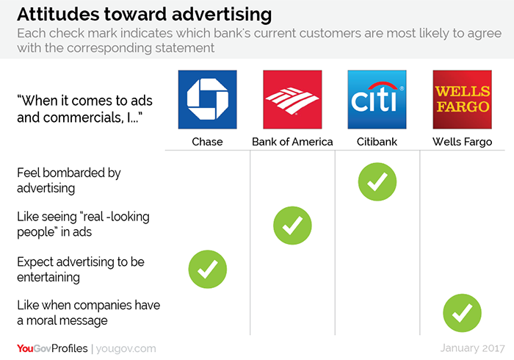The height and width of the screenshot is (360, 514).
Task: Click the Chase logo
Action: point(208,99)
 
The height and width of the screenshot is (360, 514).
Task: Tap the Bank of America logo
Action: point(292,99)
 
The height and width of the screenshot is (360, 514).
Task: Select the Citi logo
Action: point(377,99)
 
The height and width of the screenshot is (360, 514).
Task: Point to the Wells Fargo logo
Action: point(462,99)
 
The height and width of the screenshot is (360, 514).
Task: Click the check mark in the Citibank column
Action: point(377,181)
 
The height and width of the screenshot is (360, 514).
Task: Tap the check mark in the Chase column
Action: point(208,269)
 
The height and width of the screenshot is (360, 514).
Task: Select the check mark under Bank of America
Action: point(292,226)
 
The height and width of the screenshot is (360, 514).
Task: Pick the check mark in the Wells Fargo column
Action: point(462,313)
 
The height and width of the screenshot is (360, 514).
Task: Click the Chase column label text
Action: point(207,142)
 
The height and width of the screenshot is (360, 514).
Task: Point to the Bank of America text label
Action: point(292,142)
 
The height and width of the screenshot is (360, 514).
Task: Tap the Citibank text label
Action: point(377,142)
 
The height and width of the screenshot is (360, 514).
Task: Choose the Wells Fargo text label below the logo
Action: point(462,142)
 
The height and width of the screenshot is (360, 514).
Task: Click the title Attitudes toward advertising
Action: point(144,15)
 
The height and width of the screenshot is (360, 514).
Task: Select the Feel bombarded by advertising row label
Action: point(69,180)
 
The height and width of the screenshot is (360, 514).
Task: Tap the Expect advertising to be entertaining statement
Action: point(81,270)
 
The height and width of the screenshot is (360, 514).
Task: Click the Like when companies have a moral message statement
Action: point(89,313)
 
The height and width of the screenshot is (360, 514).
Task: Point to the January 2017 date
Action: point(472,348)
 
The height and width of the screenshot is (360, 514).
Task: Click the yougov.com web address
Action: point(126,348)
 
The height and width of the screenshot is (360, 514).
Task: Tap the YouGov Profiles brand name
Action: point(52,348)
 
